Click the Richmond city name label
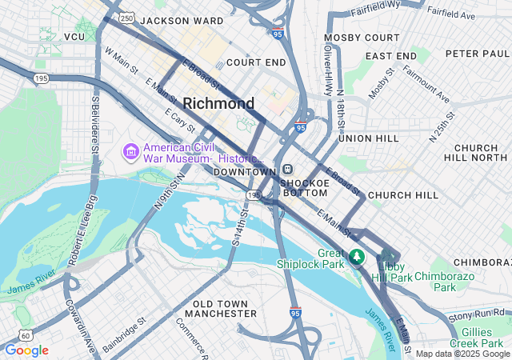pyautogui.click(x=218, y=103)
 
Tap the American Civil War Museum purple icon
pyautogui.click(x=130, y=150)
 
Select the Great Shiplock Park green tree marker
pyautogui.click(x=358, y=257)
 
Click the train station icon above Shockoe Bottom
pyautogui.click(x=287, y=170)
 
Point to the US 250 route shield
pyautogui.click(x=126, y=17)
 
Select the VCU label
pyautogui.click(x=74, y=37)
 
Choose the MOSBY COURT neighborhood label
pyautogui.click(x=362, y=38)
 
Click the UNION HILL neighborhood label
pyautogui.click(x=368, y=138)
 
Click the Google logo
pyautogui.click(x=26, y=350)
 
